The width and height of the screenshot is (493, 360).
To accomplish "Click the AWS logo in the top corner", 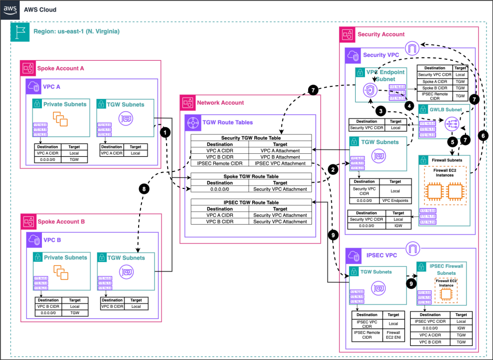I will point(10,9).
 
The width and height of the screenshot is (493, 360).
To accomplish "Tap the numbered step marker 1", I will point(167,132).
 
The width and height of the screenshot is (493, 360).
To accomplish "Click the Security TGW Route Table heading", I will point(251,138).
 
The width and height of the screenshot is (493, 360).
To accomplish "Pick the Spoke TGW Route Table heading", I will point(251,176).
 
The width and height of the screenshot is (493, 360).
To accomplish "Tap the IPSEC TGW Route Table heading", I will point(251,202).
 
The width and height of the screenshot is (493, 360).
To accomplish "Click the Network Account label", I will point(220,103).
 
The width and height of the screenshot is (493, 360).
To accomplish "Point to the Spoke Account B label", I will point(61,222).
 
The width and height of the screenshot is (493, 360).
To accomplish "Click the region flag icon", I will point(20,31).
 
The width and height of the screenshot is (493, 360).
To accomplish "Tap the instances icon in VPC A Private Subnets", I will point(60,119).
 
